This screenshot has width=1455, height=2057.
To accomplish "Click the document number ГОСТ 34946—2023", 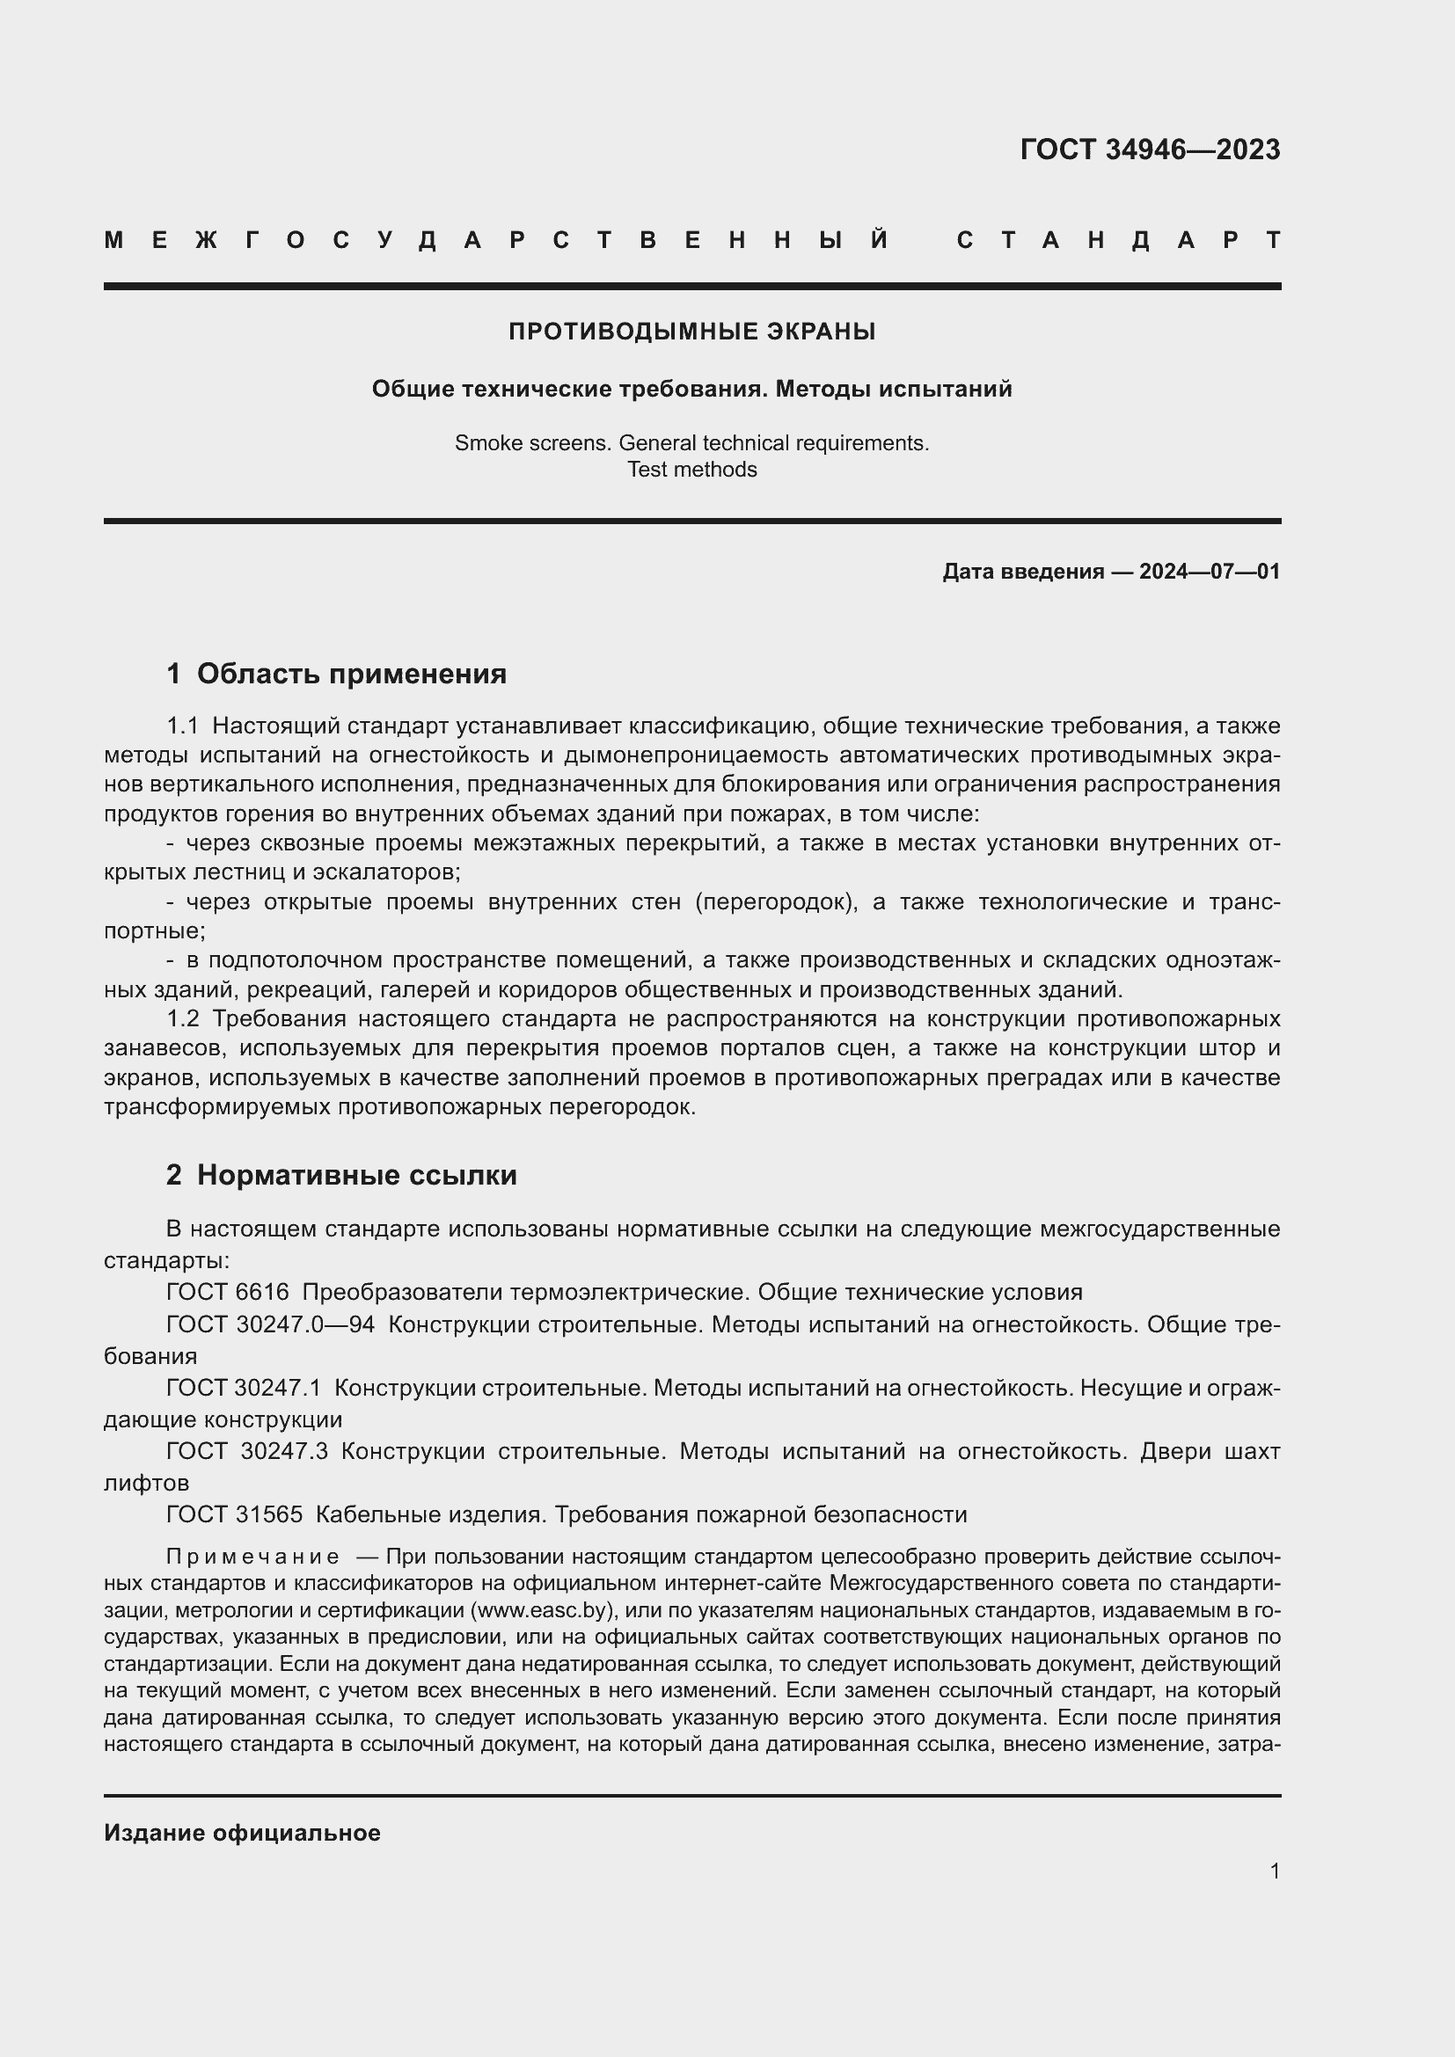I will click(x=1150, y=150).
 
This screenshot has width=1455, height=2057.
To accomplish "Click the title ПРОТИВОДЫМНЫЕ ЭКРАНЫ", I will click(x=691, y=332).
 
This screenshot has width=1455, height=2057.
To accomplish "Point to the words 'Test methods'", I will click(x=691, y=470).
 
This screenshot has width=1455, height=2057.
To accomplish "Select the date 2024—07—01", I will click(x=1209, y=572).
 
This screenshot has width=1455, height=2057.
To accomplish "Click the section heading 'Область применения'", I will click(x=351, y=674).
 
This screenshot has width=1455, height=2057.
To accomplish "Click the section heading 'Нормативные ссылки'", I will click(x=356, y=1175).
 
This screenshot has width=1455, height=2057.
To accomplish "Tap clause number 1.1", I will click(x=182, y=726).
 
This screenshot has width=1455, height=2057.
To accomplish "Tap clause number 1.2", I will click(x=182, y=1018).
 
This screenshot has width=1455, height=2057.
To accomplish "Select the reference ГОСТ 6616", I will click(x=228, y=1292).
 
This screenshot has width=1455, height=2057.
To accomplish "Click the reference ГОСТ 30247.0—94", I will click(x=270, y=1324).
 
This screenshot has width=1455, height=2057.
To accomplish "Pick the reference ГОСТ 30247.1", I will click(x=243, y=1388).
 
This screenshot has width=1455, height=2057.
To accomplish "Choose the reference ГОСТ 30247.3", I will click(x=246, y=1450).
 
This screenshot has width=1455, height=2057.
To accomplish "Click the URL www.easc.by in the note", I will click(x=543, y=1610).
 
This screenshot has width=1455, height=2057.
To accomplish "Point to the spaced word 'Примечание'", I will click(x=252, y=1557).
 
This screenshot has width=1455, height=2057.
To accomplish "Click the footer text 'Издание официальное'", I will click(x=242, y=1833).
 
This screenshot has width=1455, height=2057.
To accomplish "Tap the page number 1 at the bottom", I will click(x=1274, y=1871).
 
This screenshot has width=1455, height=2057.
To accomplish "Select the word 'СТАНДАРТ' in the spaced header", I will click(x=1118, y=240).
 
